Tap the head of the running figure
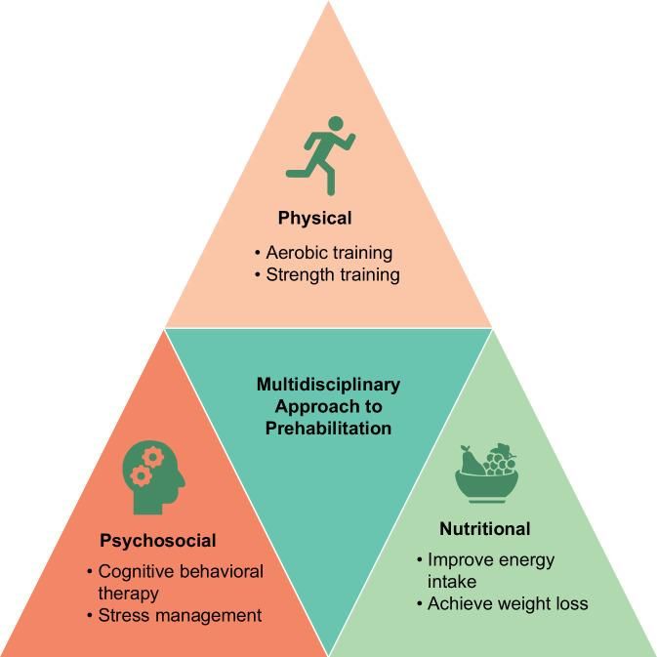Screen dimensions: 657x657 [x=336, y=123]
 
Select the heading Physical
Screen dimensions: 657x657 [x=314, y=219]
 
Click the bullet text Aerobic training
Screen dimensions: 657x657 [x=329, y=253]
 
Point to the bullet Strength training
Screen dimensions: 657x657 [x=333, y=275]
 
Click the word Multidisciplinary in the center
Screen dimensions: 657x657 [x=328, y=385]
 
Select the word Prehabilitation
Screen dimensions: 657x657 [x=328, y=429]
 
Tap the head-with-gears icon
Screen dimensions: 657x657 [x=153, y=477]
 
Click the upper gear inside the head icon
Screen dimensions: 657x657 [x=153, y=457]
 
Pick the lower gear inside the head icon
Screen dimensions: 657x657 [x=141, y=475]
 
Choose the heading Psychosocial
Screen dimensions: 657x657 [x=158, y=541]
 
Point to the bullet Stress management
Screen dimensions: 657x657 [x=180, y=616]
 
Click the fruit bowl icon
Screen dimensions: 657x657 [x=487, y=473]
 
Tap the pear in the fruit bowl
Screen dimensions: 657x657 [x=471, y=461]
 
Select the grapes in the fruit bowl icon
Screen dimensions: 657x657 [x=500, y=460]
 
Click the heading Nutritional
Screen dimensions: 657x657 [x=485, y=529]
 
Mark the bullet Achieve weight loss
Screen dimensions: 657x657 [x=508, y=603]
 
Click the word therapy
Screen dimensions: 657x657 [x=128, y=595]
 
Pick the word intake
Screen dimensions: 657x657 [x=452, y=582]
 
